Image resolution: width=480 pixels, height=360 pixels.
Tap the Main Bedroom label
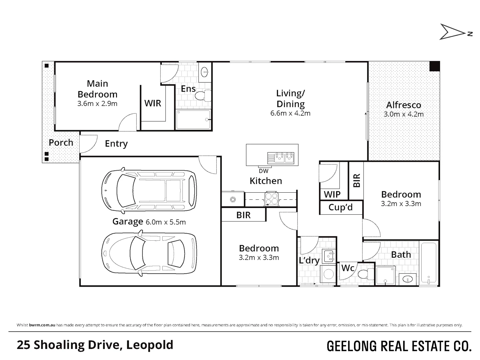(98, 89)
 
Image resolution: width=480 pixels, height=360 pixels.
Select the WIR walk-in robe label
(153, 103)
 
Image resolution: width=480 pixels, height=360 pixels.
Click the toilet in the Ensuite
(203, 96)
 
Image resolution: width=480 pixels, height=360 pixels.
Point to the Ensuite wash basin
(205, 72)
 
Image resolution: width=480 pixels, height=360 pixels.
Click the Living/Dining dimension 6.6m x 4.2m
(290, 113)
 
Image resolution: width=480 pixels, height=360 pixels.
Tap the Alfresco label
(404, 105)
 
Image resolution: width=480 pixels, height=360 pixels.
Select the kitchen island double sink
(281, 158)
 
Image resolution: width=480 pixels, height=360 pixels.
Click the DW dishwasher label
(264, 171)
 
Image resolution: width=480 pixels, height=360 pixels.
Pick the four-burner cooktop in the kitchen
(272, 199)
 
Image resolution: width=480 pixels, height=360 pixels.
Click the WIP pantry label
(332, 194)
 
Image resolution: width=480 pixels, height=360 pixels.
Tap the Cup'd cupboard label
(340, 207)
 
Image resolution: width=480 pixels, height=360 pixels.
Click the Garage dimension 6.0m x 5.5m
(166, 222)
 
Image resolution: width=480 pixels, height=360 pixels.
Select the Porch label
(61, 143)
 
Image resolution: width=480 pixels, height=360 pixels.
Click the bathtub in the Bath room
(429, 263)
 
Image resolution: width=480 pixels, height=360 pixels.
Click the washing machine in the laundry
(328, 274)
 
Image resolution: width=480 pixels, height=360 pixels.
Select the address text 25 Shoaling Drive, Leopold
(95, 345)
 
